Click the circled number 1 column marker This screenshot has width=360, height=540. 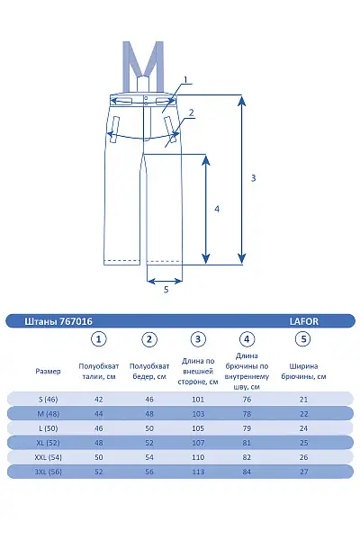coord(98,339)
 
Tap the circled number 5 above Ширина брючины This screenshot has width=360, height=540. coord(303,339)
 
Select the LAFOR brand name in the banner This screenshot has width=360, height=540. coord(304,321)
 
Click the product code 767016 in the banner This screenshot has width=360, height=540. coord(76,321)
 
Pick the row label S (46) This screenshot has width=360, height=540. coord(49,400)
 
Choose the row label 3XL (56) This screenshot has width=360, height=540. coord(49,472)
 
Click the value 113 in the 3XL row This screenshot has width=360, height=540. coord(198,472)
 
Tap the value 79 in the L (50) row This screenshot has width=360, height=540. coord(247,428)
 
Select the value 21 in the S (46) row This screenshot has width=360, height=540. coord(303,400)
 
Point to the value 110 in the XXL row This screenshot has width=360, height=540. coord(198,457)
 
